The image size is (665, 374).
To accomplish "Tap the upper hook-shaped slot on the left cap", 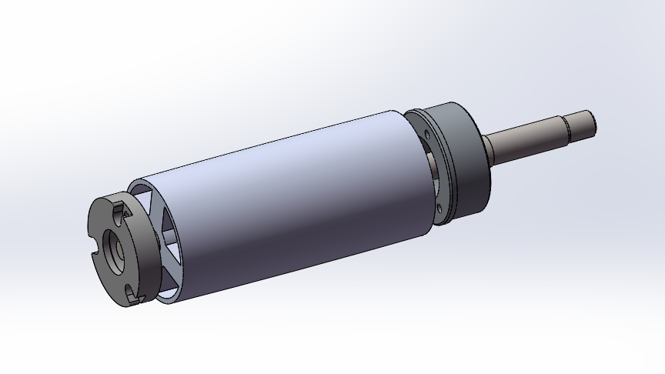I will click(119, 209).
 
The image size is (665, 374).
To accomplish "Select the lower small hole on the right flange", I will click(440, 205).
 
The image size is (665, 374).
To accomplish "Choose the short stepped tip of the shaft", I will click(581, 124).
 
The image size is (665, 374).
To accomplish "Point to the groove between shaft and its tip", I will click(568, 129).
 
